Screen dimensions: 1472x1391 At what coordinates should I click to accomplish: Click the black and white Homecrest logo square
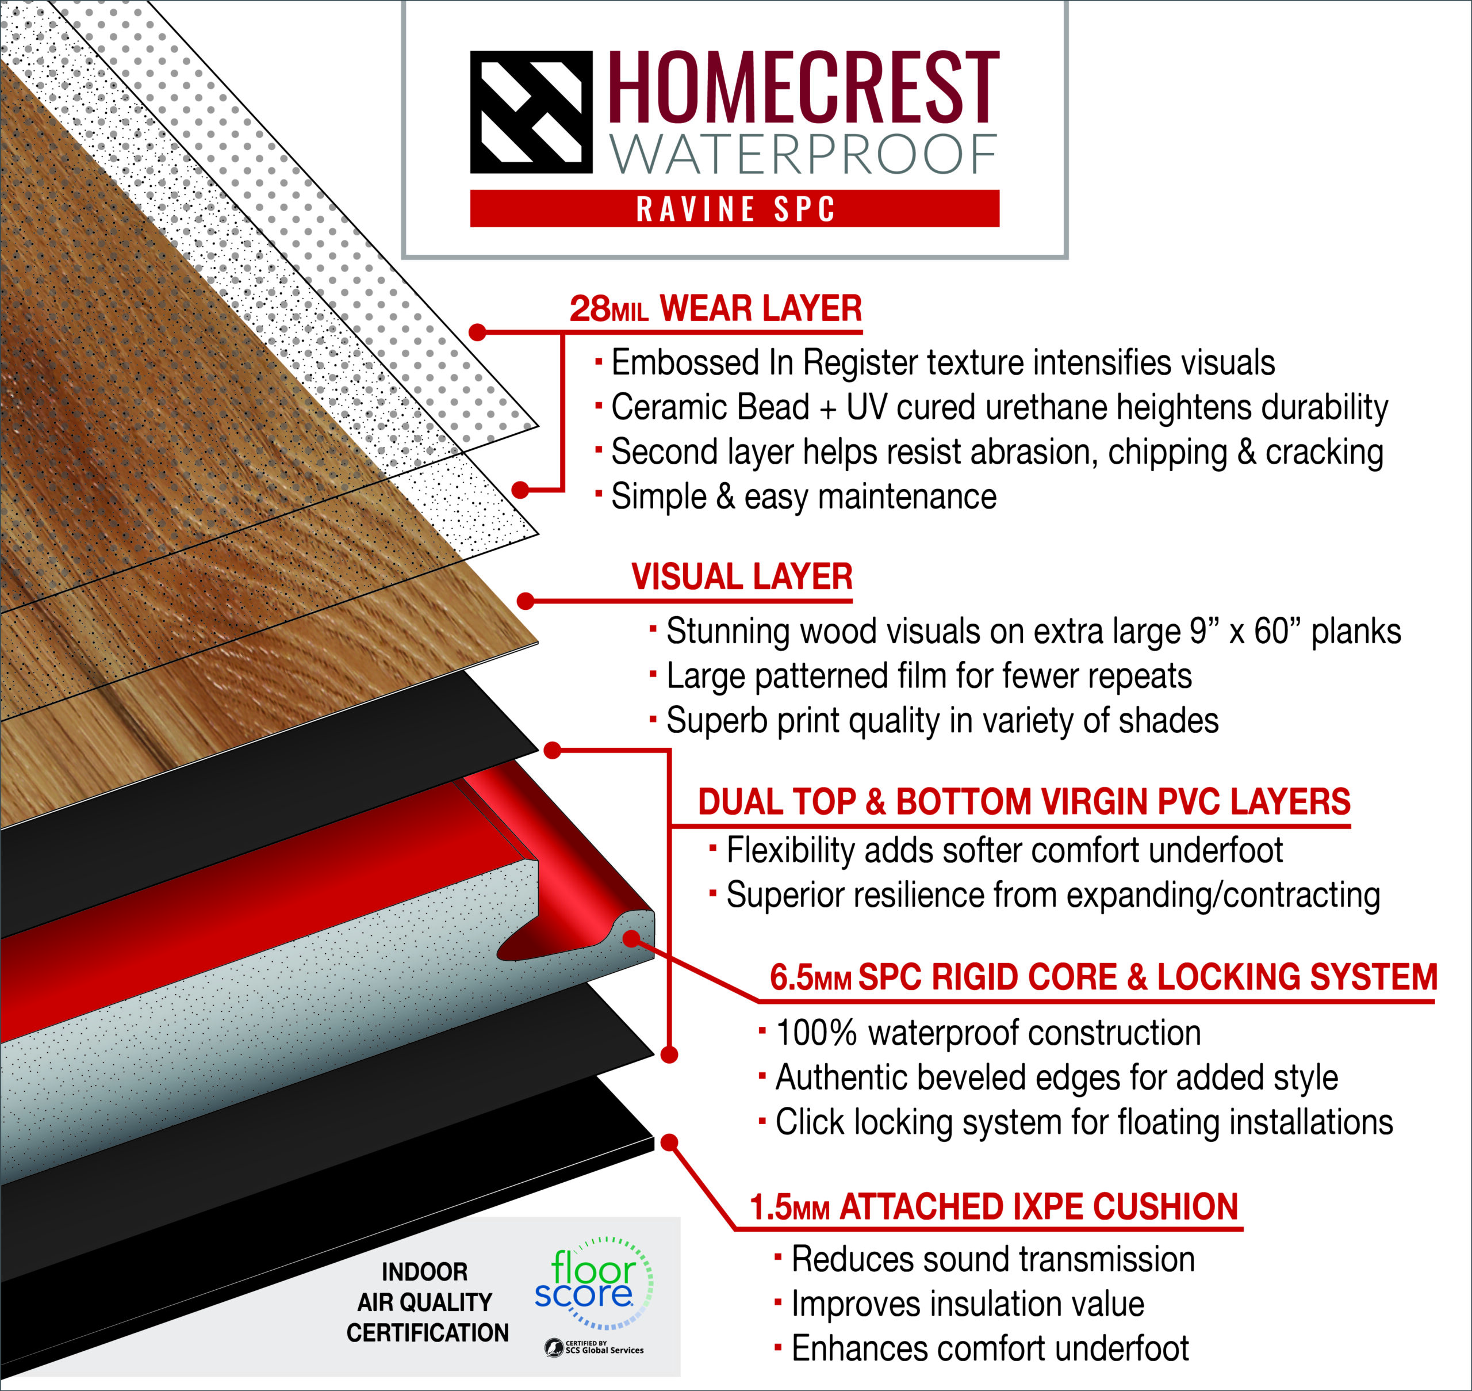click(x=531, y=112)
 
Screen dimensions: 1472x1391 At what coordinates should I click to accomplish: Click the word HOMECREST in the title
click(x=804, y=87)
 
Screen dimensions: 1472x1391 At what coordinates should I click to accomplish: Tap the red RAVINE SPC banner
click(x=734, y=208)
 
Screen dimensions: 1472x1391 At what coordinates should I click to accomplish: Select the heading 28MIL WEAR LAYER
click(x=715, y=308)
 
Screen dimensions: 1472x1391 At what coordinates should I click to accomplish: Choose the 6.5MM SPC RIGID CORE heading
click(x=1103, y=977)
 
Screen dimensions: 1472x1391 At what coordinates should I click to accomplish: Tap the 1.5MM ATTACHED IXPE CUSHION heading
click(x=994, y=1207)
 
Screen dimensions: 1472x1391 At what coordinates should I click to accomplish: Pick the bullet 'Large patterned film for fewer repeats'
click(x=921, y=676)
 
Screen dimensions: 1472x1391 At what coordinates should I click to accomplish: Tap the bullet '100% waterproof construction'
click(x=979, y=1033)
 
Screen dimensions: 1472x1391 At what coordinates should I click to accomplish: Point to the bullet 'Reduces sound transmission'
click(x=984, y=1260)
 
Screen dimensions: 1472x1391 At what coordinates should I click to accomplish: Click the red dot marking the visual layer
click(x=526, y=601)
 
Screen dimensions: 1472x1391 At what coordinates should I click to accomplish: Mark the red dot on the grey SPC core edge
click(x=631, y=939)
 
